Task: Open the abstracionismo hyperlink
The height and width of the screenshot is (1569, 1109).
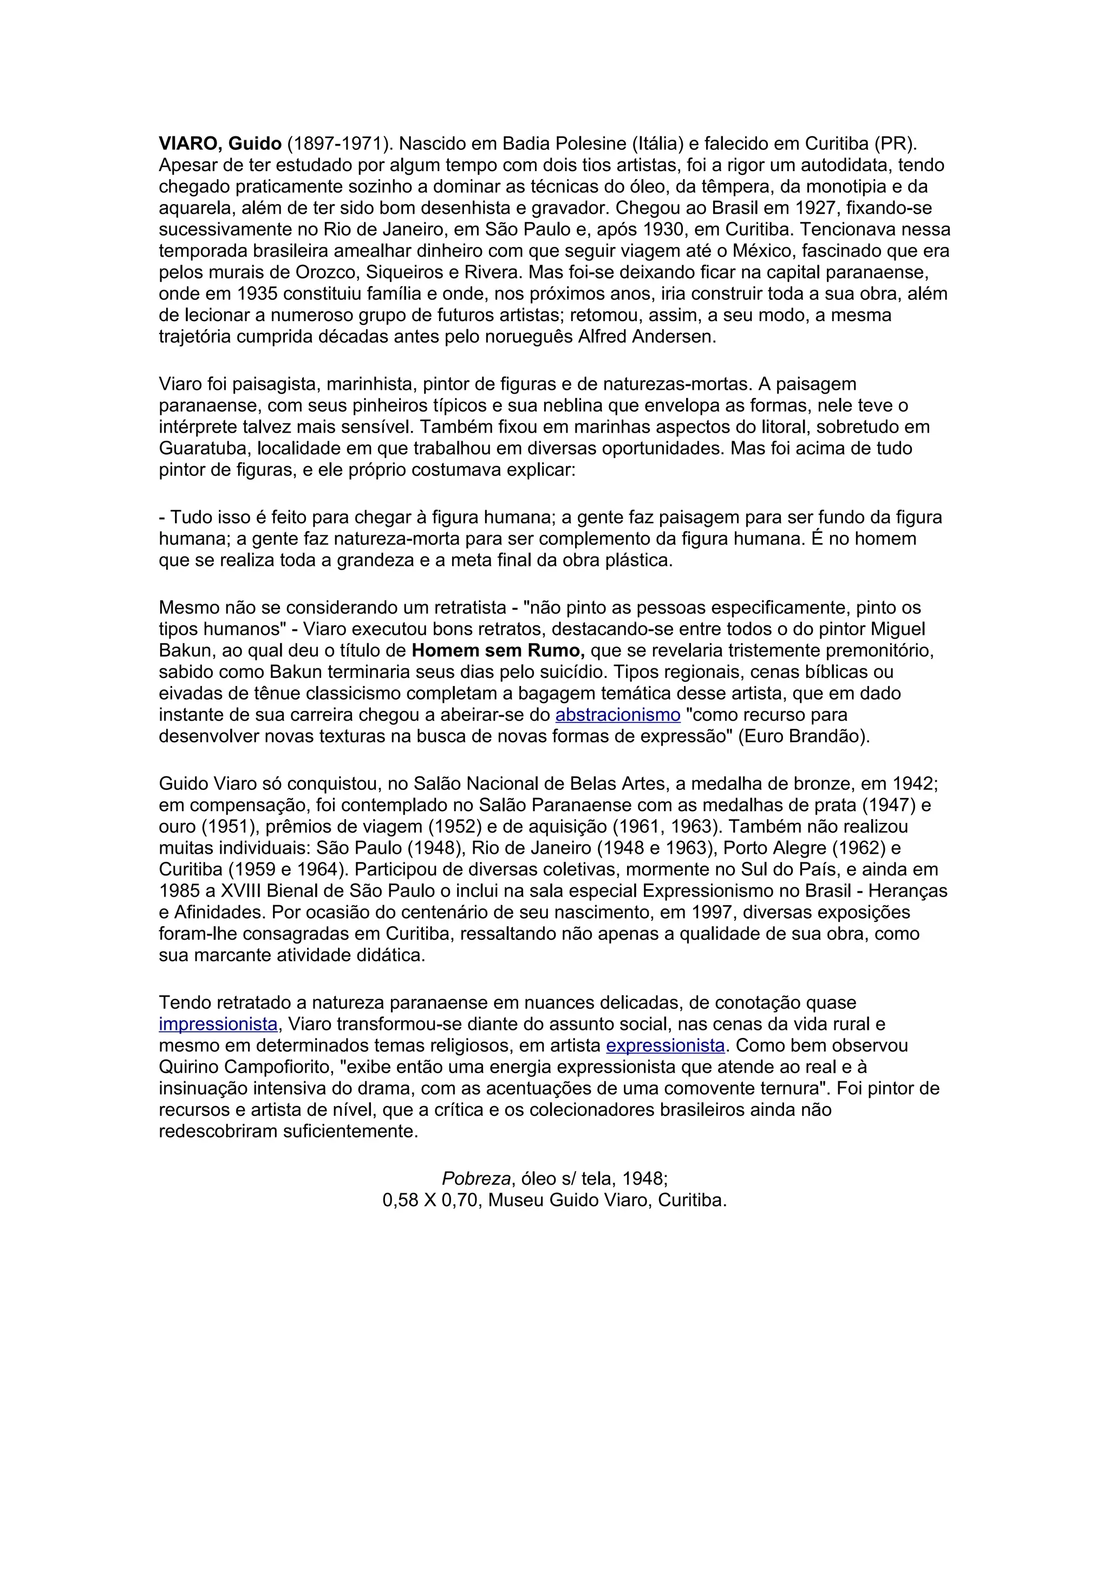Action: [x=618, y=715]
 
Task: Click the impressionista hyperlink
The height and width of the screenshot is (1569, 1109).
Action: [x=218, y=1024]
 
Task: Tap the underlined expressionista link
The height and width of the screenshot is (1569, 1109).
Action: [x=665, y=1045]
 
